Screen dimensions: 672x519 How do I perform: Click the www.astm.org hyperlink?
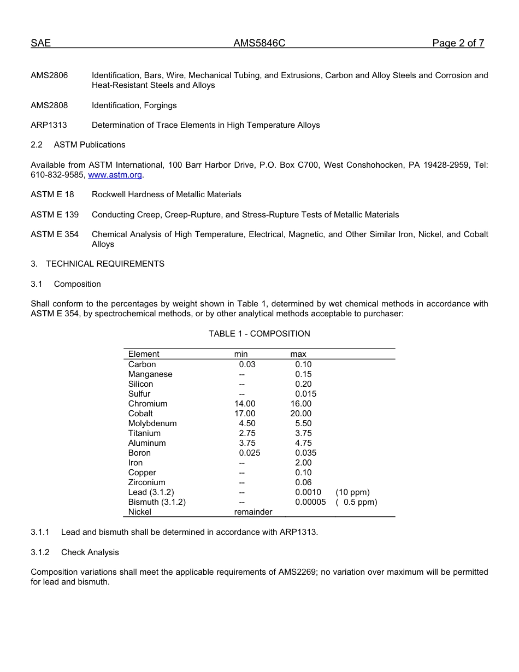[x=115, y=175]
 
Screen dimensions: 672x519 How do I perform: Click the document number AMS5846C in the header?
[x=259, y=44]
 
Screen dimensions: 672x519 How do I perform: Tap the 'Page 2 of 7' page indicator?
[x=458, y=44]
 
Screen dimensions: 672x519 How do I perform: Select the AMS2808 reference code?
[x=49, y=105]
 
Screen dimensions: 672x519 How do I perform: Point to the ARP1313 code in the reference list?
[x=49, y=125]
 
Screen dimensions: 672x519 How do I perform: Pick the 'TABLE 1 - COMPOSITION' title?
[x=259, y=334]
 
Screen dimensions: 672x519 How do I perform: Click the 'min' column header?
[x=241, y=354]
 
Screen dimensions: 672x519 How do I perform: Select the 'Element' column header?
[x=144, y=354]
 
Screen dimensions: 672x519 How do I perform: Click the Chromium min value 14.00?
[x=245, y=404]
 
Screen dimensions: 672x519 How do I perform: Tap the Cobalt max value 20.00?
[x=301, y=414]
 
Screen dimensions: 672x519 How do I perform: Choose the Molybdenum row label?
[x=152, y=423]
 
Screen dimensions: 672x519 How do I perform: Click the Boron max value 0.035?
[x=305, y=453]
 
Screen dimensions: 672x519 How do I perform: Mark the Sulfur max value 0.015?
[x=305, y=394]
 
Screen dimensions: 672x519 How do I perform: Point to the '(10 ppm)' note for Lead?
[x=352, y=492]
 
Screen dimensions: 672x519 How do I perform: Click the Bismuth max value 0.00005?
[x=310, y=502]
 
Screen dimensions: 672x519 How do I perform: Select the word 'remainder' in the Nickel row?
[x=253, y=512]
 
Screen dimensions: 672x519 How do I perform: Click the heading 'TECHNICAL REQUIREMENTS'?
[x=105, y=264]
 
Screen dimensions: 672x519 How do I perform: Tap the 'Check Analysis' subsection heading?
[x=90, y=552]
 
